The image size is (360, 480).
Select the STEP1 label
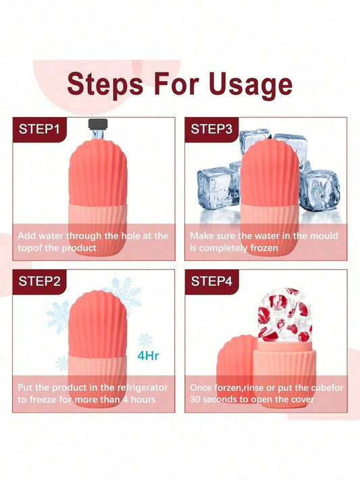pos(39,129)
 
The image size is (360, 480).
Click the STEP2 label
pos(39,281)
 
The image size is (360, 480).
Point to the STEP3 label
pos(211,129)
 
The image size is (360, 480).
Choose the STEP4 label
pos(211,281)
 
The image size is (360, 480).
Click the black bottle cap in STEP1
pos(98,124)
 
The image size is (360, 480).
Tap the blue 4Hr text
pos(149,356)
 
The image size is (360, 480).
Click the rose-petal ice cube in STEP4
pos(284,315)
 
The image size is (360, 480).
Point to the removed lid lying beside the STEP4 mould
pos(236,364)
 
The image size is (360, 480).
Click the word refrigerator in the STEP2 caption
pos(143,388)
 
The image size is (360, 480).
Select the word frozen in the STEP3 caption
pos(264,248)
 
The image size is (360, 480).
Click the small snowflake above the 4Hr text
pos(145,341)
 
